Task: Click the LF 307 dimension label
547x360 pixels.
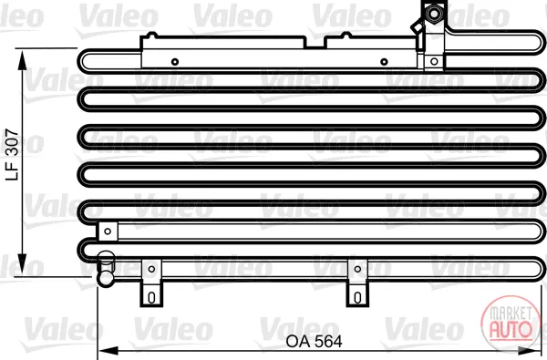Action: point(12,155)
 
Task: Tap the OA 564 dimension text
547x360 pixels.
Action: point(314,342)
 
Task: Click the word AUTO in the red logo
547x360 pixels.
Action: point(511,329)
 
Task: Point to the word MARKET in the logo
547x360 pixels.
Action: point(511,313)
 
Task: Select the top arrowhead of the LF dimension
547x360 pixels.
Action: point(22,60)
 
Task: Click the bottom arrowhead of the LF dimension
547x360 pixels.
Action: point(22,264)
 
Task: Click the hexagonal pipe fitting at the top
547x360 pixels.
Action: point(434,15)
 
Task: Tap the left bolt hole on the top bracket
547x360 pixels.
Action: point(175,62)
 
